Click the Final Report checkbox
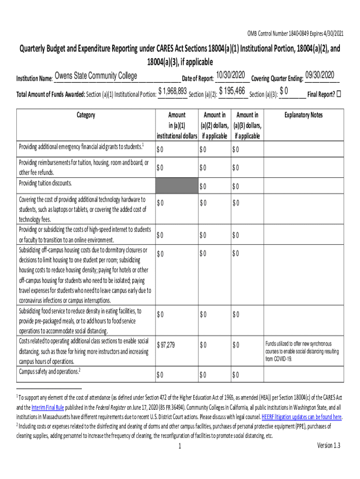pos(339,93)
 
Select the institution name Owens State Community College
pos(96,76)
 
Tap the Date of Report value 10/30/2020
pos(231,75)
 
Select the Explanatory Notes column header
pos(304,115)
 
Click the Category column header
pos(86,115)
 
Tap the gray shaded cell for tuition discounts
pos(176,186)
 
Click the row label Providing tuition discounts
pos(45,183)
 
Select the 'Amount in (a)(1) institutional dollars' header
pos(176,125)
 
